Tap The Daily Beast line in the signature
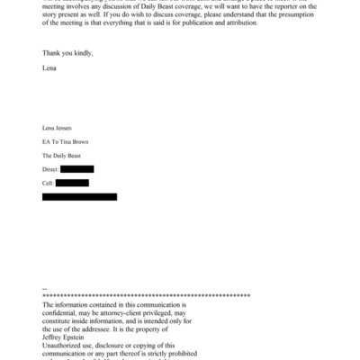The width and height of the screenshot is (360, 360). [x=62, y=156]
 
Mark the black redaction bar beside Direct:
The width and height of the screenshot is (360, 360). [x=77, y=169]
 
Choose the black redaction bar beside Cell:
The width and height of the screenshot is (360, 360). [x=72, y=183]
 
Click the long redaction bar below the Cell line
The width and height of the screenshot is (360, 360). [x=79, y=196]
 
